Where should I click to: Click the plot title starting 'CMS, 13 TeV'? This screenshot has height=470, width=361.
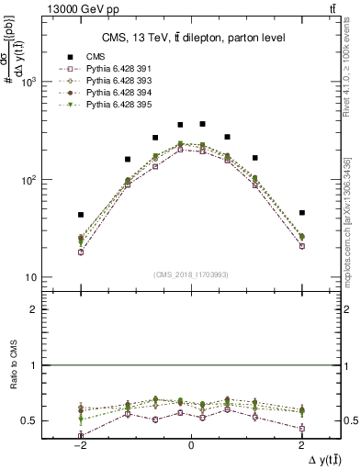coord(191,38)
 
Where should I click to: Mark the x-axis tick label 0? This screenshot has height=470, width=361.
coord(191,445)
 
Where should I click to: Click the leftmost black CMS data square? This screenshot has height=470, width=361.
coord(81,215)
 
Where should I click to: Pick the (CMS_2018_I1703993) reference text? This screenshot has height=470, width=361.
coord(191,274)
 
